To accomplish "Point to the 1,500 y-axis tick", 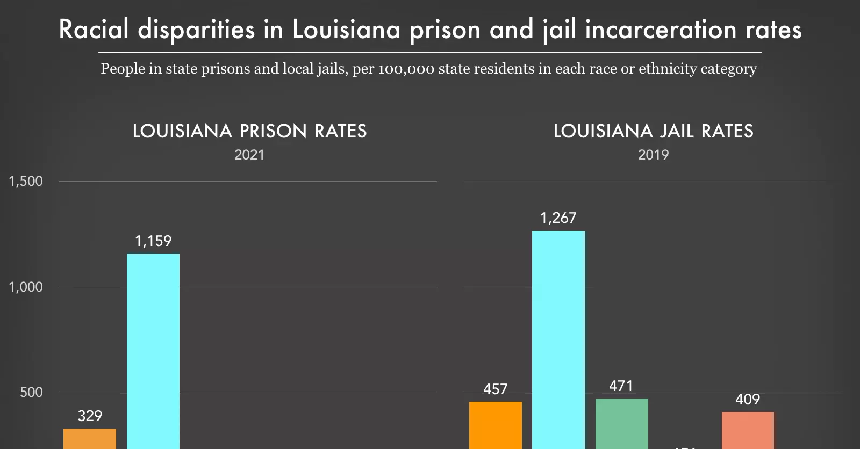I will pos(26,182).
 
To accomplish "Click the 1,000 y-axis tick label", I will pos(26,287).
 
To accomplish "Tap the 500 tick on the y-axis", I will pos(31,392).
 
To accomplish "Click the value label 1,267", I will pos(558,218).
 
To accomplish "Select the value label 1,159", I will pos(153,241).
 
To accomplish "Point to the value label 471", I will pos(621,386).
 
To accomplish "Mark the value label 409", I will pos(748,399).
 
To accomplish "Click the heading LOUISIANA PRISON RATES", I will pos(249,131).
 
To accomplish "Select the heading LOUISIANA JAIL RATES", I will pos(653,131).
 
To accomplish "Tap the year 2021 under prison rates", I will pos(249,155).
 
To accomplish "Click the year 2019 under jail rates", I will pos(653,155).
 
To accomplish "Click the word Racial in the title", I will pos(94,29).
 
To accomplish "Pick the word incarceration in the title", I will pos(661,29).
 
